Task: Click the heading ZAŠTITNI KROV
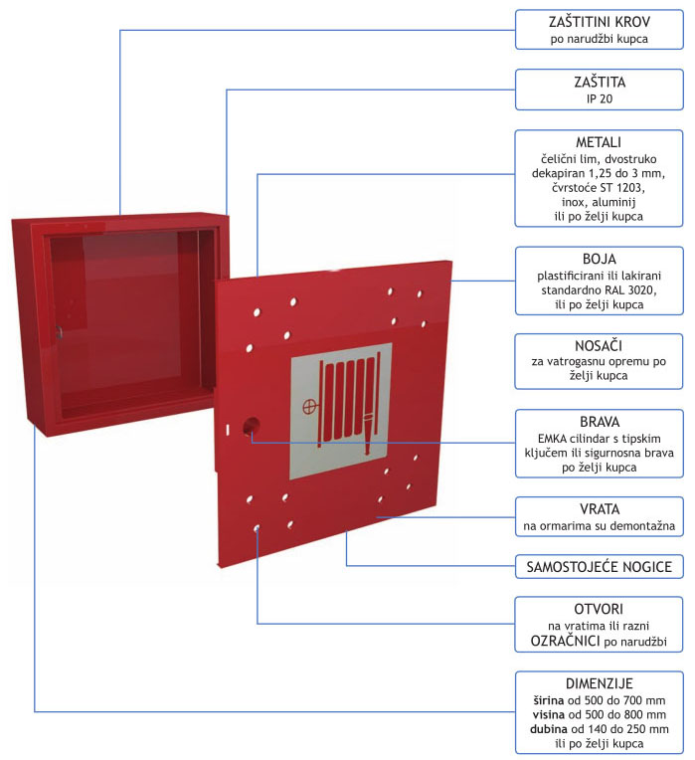[x=600, y=22]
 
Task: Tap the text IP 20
[x=600, y=98]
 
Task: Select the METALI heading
[x=599, y=142]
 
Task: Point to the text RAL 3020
[x=630, y=290]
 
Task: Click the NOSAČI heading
[x=599, y=345]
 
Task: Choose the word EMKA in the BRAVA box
[x=552, y=439]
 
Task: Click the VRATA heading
[x=600, y=509]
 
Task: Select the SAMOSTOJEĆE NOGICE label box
[x=600, y=567]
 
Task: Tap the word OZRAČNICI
[x=565, y=641]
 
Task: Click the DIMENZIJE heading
[x=600, y=683]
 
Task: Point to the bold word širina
[x=549, y=700]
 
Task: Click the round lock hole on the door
[x=251, y=426]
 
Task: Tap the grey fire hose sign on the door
[x=341, y=411]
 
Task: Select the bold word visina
[x=549, y=714]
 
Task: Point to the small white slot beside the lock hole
[x=227, y=430]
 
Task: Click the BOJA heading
[x=600, y=259]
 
